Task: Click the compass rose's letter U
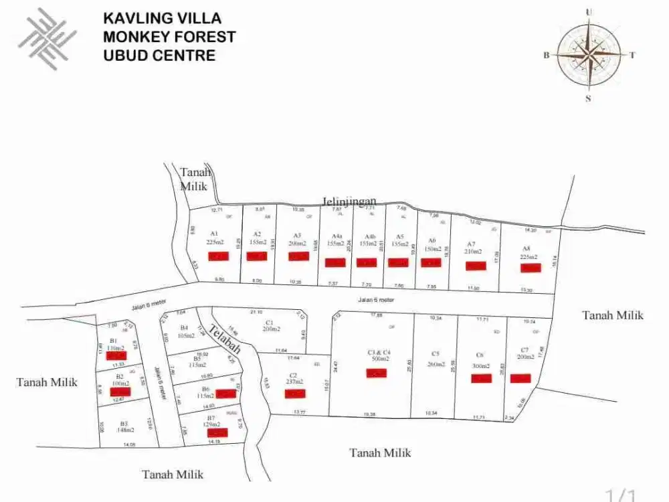(x=589, y=11)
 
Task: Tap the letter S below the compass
(x=589, y=98)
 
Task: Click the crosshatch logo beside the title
(x=47, y=38)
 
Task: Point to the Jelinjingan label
(x=349, y=201)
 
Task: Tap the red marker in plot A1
(x=218, y=256)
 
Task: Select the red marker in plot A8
(x=531, y=268)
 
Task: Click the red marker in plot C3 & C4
(x=376, y=373)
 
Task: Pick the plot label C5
(x=435, y=353)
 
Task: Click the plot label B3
(x=124, y=423)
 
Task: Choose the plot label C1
(x=270, y=321)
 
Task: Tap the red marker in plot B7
(x=217, y=432)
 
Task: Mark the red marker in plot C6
(x=481, y=379)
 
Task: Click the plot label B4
(x=184, y=327)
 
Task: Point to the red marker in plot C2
(x=295, y=394)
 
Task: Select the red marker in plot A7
(x=475, y=266)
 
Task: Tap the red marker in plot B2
(x=120, y=392)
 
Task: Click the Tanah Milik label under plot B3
(x=173, y=475)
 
